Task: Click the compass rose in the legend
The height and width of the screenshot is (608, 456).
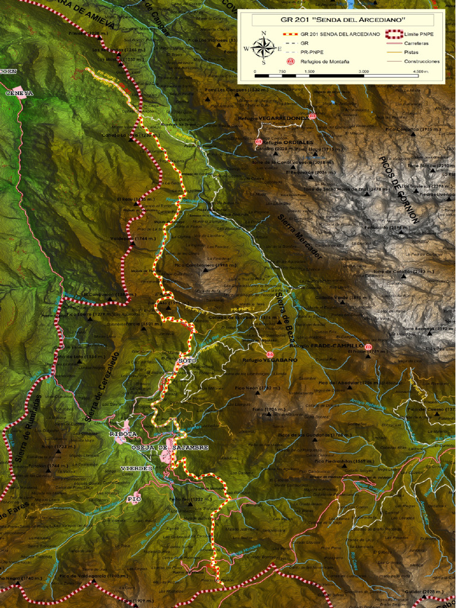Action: [x=264, y=47]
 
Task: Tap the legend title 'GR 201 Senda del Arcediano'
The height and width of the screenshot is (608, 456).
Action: [x=343, y=20]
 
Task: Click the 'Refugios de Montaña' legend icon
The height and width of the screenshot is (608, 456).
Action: [x=290, y=61]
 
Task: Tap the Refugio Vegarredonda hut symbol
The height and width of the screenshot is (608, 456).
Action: [x=312, y=116]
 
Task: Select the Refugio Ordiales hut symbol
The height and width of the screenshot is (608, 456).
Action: [x=258, y=142]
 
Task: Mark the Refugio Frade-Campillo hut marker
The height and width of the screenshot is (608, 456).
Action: [x=369, y=347]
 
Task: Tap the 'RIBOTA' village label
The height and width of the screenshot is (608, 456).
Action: [x=123, y=434]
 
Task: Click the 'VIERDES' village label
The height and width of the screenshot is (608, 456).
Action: [x=137, y=468]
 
